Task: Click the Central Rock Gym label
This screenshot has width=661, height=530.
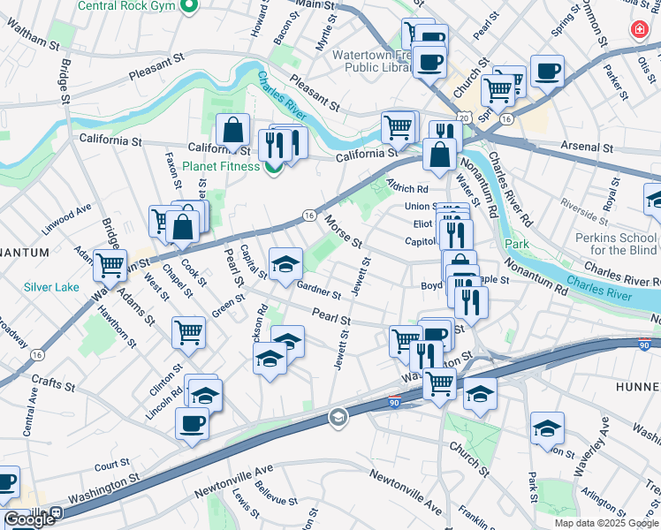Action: [x=127, y=6]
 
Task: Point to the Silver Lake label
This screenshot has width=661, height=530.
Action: [x=50, y=287]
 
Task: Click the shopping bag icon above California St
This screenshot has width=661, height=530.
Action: [x=232, y=131]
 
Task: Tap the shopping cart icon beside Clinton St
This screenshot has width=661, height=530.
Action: [x=189, y=333]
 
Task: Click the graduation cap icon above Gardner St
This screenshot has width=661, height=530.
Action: [x=285, y=264]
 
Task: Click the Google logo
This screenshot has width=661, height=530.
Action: [x=30, y=519]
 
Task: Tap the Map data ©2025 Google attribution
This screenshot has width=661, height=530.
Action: [x=605, y=523]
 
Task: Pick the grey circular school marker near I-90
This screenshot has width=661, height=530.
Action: [x=338, y=417]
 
